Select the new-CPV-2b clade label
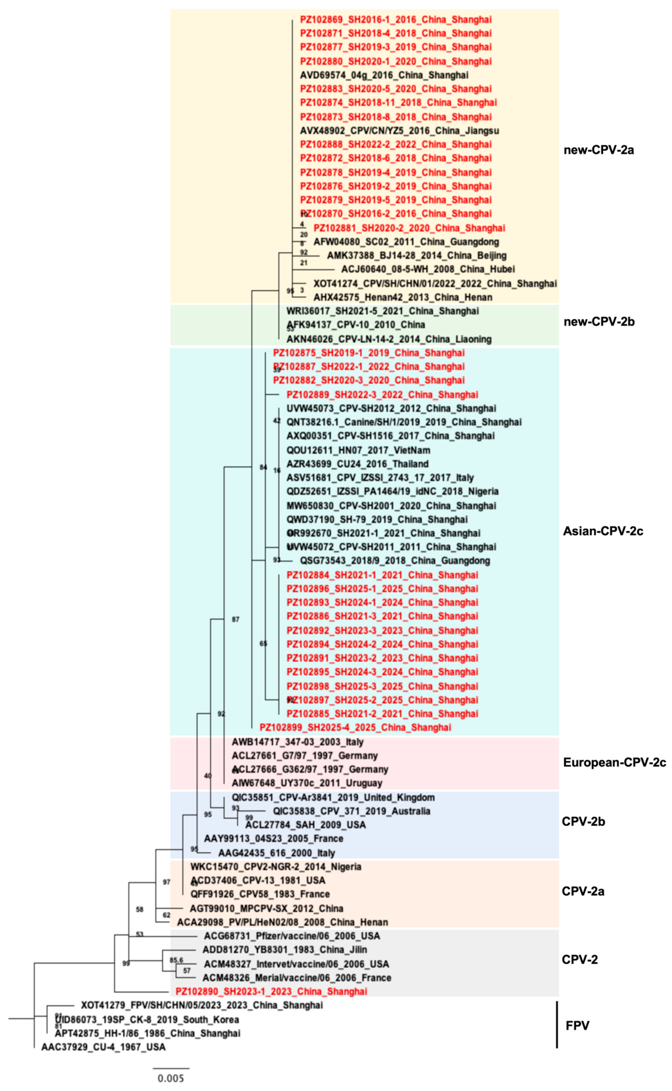click(599, 322)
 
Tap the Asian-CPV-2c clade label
click(603, 531)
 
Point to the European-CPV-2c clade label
click(614, 762)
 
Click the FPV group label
click(577, 1025)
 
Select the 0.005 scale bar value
click(171, 1078)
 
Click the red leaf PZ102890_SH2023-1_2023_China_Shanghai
click(271, 992)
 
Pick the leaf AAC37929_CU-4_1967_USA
click(103, 1047)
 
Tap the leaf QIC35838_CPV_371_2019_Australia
click(351, 811)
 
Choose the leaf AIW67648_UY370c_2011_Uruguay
click(307, 783)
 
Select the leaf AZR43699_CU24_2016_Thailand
click(357, 464)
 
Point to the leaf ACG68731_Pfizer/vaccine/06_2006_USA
click(292, 936)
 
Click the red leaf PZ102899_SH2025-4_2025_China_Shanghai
click(355, 728)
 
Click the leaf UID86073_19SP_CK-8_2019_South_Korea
click(147, 1019)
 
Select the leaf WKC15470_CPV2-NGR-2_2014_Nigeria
click(276, 867)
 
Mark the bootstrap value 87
click(236, 619)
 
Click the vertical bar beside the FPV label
click(557, 1024)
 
